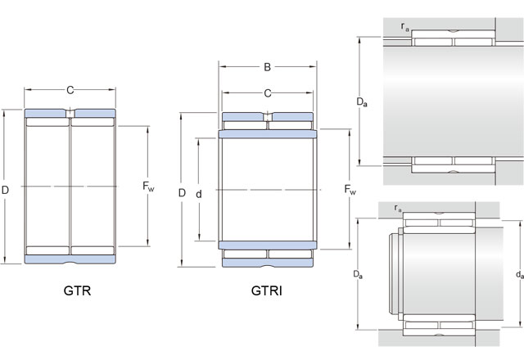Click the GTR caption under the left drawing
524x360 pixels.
point(77,290)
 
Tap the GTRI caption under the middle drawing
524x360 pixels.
point(267,290)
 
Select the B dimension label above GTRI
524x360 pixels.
point(268,67)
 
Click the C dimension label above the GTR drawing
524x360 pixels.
point(70,90)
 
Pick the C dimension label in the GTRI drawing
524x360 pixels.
point(268,93)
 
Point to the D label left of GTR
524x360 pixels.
point(5,190)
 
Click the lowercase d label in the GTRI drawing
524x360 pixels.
point(199,194)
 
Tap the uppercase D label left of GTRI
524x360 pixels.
point(182,193)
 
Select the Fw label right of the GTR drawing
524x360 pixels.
point(148,187)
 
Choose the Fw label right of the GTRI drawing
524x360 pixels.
point(350,189)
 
